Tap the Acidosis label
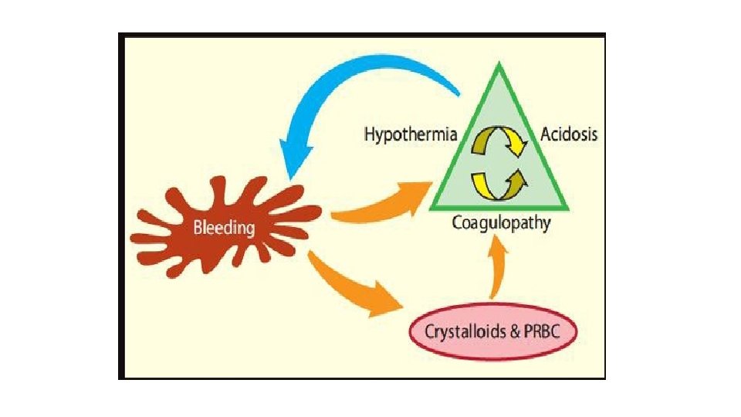point(569,134)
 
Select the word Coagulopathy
point(501,224)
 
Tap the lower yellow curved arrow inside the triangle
point(502,182)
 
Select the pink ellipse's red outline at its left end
point(409,334)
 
